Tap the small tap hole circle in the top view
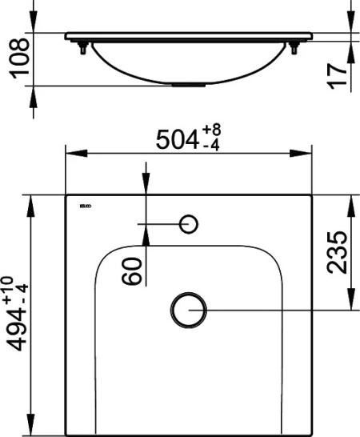coord(190,224)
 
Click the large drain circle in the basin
coord(189,309)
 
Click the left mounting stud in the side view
coord(83,49)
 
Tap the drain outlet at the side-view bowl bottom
coord(189,82)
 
